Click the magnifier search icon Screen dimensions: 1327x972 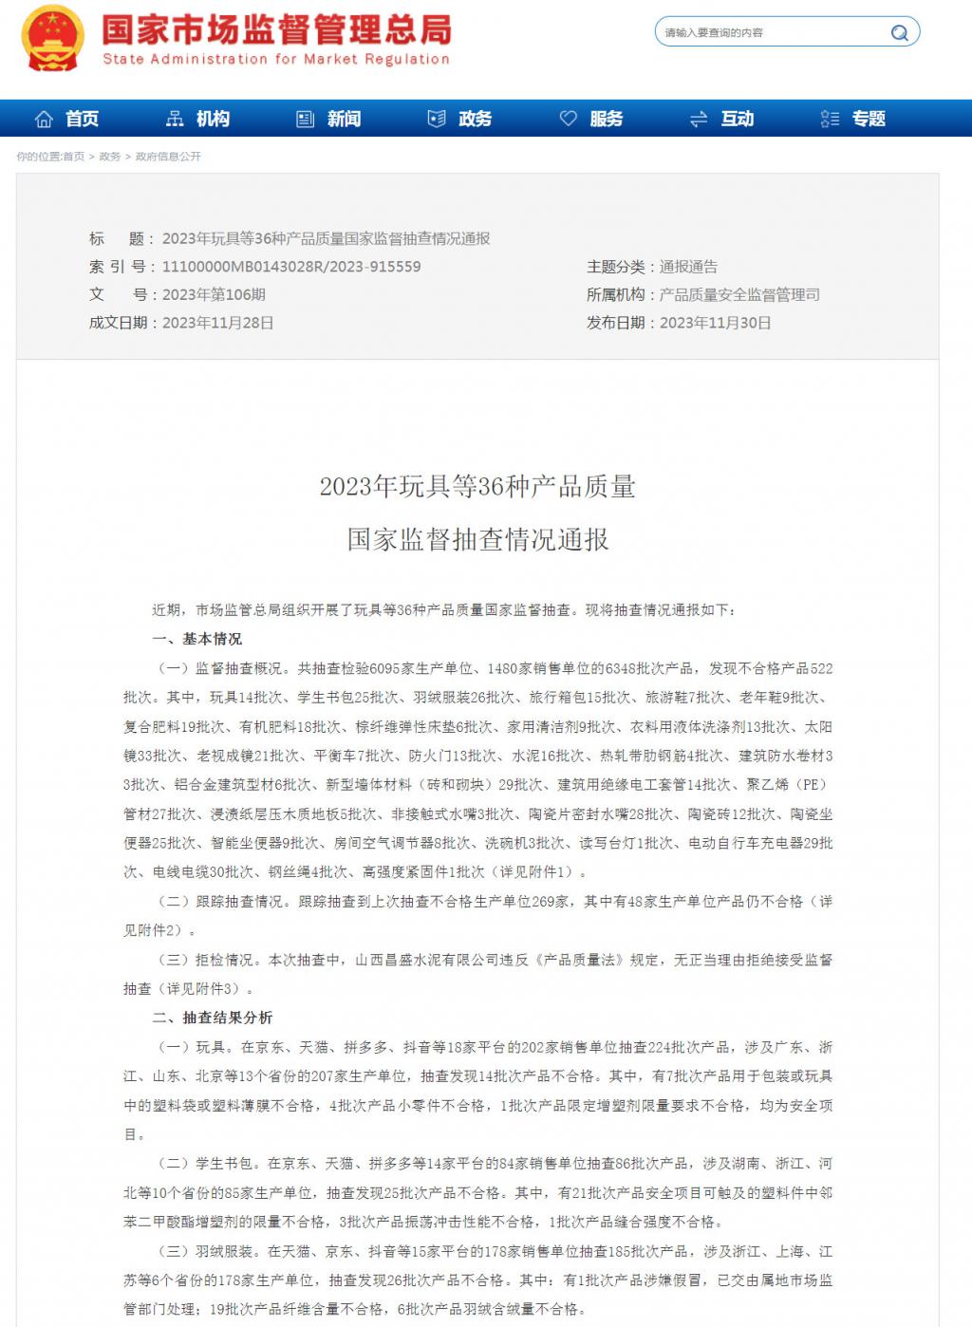coord(899,33)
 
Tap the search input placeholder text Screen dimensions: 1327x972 coord(714,33)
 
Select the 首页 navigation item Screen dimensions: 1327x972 coord(67,119)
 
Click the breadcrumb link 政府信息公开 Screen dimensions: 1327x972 coord(168,157)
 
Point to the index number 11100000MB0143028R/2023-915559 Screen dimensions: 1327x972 coord(291,267)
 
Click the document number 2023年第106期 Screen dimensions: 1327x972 coord(214,295)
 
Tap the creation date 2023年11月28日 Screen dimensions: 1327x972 coord(218,323)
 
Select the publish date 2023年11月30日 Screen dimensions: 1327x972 coord(716,323)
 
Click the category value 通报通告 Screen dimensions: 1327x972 coord(688,267)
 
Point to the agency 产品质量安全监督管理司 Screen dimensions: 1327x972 coord(739,295)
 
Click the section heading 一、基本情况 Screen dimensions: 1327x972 coord(197,639)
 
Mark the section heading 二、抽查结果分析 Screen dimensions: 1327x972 coord(213,1018)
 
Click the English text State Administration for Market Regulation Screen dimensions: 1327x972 coord(276,59)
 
